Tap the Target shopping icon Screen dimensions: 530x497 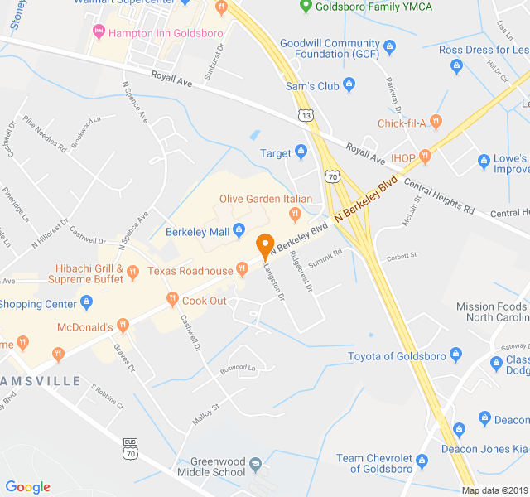(301, 152)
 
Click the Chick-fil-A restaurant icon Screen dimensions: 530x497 (436, 123)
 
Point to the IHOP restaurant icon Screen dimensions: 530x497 (426, 157)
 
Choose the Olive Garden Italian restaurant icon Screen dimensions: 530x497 (294, 214)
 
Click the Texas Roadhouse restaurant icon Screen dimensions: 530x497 (243, 268)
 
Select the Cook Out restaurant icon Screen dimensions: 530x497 (172, 300)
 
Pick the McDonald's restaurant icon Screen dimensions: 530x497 (123, 326)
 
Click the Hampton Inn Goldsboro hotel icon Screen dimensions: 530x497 (99, 31)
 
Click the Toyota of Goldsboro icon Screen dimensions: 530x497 (454, 357)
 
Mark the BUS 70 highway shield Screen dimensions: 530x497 (129, 447)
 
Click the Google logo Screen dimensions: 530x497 (27, 487)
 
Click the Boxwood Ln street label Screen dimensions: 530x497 (238, 367)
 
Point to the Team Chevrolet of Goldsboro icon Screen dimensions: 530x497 (421, 460)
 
